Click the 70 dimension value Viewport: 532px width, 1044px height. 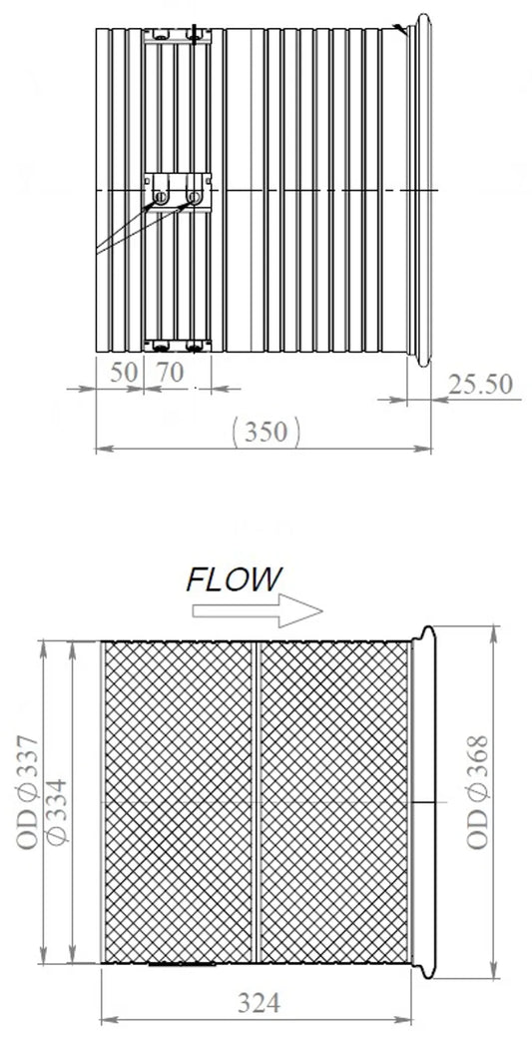click(x=169, y=373)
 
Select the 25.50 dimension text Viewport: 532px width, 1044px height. click(x=480, y=385)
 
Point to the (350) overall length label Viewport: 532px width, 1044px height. click(x=266, y=433)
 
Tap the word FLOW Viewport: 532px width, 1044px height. click(x=235, y=579)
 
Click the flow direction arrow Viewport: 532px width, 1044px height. click(x=258, y=610)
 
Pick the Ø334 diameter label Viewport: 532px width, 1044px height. click(x=58, y=811)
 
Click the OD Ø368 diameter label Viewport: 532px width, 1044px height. click(x=477, y=792)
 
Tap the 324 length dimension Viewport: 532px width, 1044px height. click(x=259, y=1002)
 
